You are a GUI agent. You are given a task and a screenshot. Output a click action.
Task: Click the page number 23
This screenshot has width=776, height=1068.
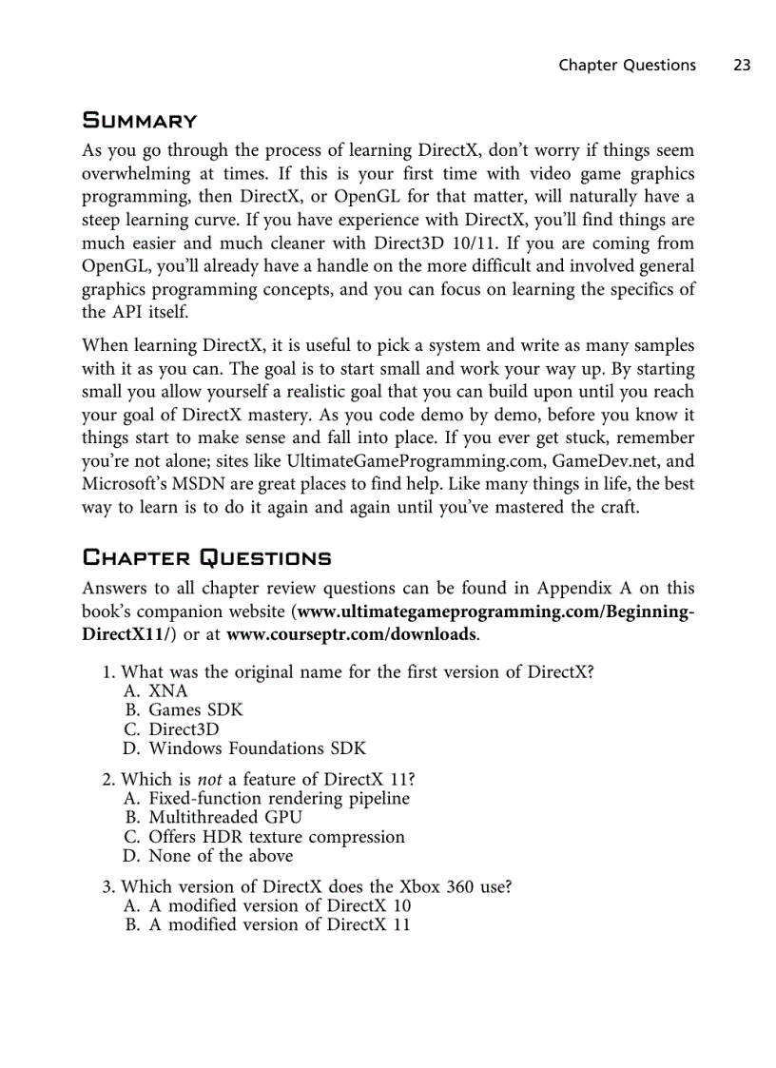tap(742, 65)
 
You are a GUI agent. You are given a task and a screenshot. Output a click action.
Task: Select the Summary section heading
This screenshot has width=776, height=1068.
tap(140, 121)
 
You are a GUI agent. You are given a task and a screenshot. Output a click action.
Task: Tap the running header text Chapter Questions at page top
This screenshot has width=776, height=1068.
tap(627, 65)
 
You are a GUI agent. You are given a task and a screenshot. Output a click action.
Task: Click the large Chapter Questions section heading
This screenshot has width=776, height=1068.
tap(206, 557)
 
